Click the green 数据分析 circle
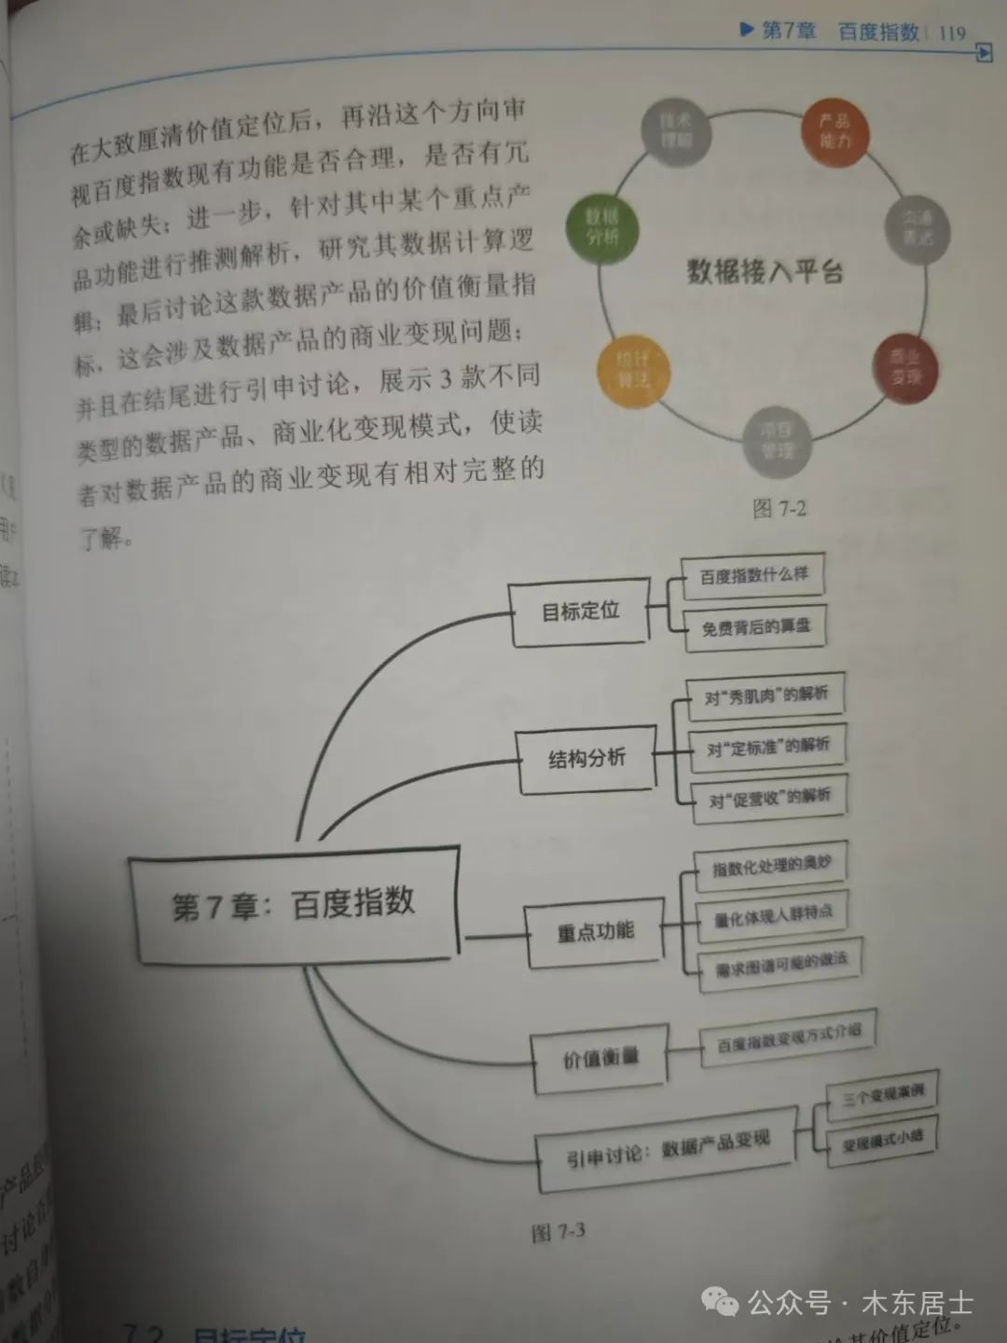tap(602, 227)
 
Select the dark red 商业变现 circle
tap(904, 366)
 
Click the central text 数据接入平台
tap(765, 271)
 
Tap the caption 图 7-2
tap(779, 509)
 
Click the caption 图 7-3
tap(558, 1232)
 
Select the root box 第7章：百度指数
tap(294, 904)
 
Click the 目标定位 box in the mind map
tap(580, 611)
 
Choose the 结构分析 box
tap(586, 759)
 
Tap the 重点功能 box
tap(596, 931)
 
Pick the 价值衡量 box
tap(600, 1059)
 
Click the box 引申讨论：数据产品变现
tap(668, 1148)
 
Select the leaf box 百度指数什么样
tap(753, 576)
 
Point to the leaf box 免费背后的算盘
tap(755, 627)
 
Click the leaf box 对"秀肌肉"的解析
tap(766, 695)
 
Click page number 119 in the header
tap(952, 33)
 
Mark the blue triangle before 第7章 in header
tap(746, 30)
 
